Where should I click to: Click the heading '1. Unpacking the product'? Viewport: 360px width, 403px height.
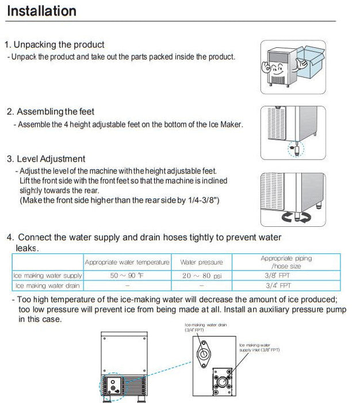click(55, 44)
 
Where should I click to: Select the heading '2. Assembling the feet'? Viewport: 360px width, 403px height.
click(51, 112)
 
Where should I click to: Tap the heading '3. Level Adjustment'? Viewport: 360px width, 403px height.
click(46, 159)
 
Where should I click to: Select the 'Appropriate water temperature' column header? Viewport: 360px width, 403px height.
click(127, 262)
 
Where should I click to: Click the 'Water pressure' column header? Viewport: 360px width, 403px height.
click(201, 262)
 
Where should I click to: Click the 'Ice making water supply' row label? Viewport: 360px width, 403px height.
click(48, 276)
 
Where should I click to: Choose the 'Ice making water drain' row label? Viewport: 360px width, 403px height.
click(48, 285)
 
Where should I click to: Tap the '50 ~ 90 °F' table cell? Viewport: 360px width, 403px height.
click(127, 276)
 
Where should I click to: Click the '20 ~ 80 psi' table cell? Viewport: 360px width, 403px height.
click(201, 276)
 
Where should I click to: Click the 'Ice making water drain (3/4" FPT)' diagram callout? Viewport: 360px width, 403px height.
click(206, 328)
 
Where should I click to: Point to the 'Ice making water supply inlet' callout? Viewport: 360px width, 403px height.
click(259, 347)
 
